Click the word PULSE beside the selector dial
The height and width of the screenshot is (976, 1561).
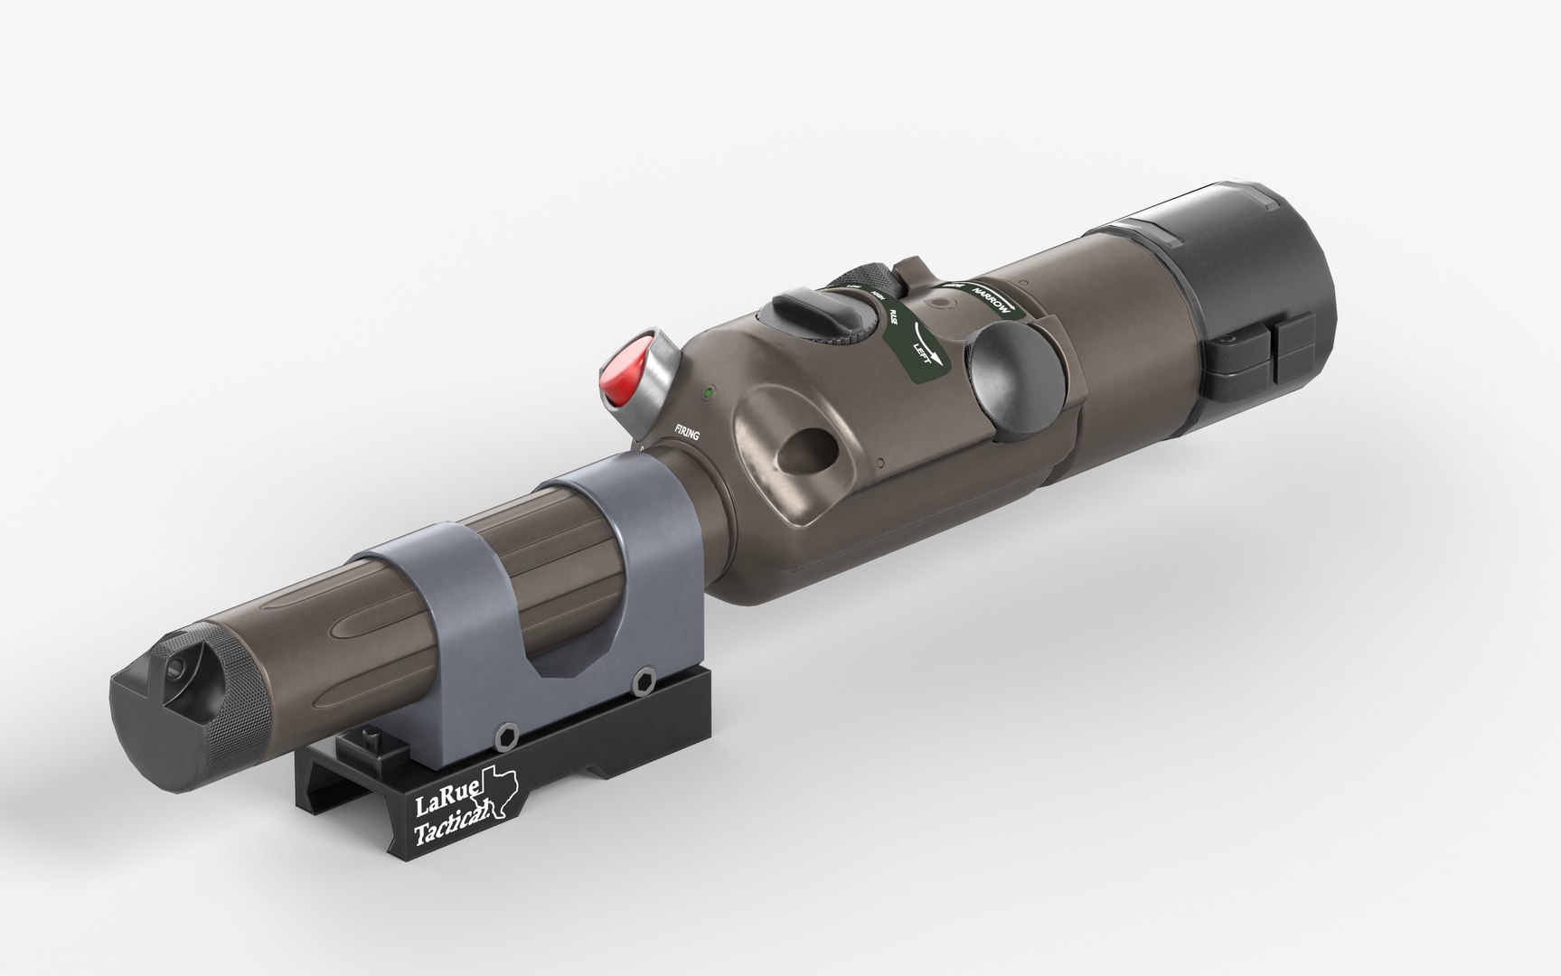point(893,315)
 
